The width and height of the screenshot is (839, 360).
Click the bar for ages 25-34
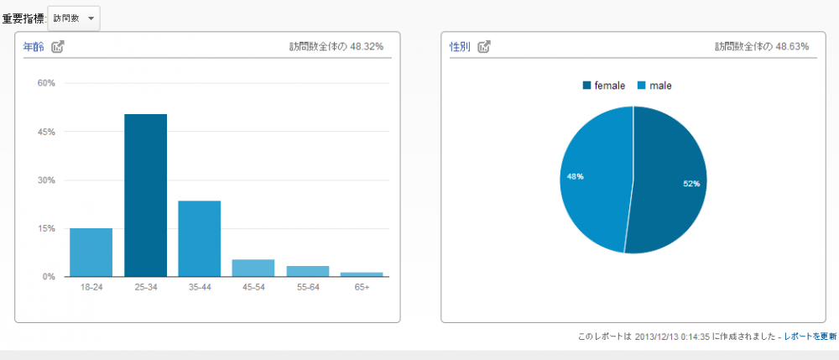(145, 196)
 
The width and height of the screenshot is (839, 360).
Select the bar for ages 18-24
(91, 252)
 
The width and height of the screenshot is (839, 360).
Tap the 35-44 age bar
(199, 238)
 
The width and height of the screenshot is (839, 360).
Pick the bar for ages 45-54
(253, 268)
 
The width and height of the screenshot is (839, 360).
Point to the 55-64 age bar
(308, 271)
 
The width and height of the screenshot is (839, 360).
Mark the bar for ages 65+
(362, 274)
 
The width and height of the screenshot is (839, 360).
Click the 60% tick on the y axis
(45, 83)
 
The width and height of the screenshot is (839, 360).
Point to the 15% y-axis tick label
(45, 228)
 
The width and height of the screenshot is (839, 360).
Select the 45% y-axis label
(45, 132)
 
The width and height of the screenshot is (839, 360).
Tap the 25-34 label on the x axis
(145, 287)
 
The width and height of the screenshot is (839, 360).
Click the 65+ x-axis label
(362, 287)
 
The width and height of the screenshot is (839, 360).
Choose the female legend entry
(604, 86)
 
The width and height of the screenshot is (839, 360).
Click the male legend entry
(654, 86)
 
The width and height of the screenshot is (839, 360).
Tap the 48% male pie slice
(591, 178)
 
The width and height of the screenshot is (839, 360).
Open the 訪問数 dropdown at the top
(74, 18)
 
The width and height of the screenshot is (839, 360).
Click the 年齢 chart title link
(34, 47)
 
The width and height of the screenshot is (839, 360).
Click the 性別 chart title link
(460, 47)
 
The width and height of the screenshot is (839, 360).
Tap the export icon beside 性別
(484, 47)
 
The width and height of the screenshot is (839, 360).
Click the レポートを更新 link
(810, 336)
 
